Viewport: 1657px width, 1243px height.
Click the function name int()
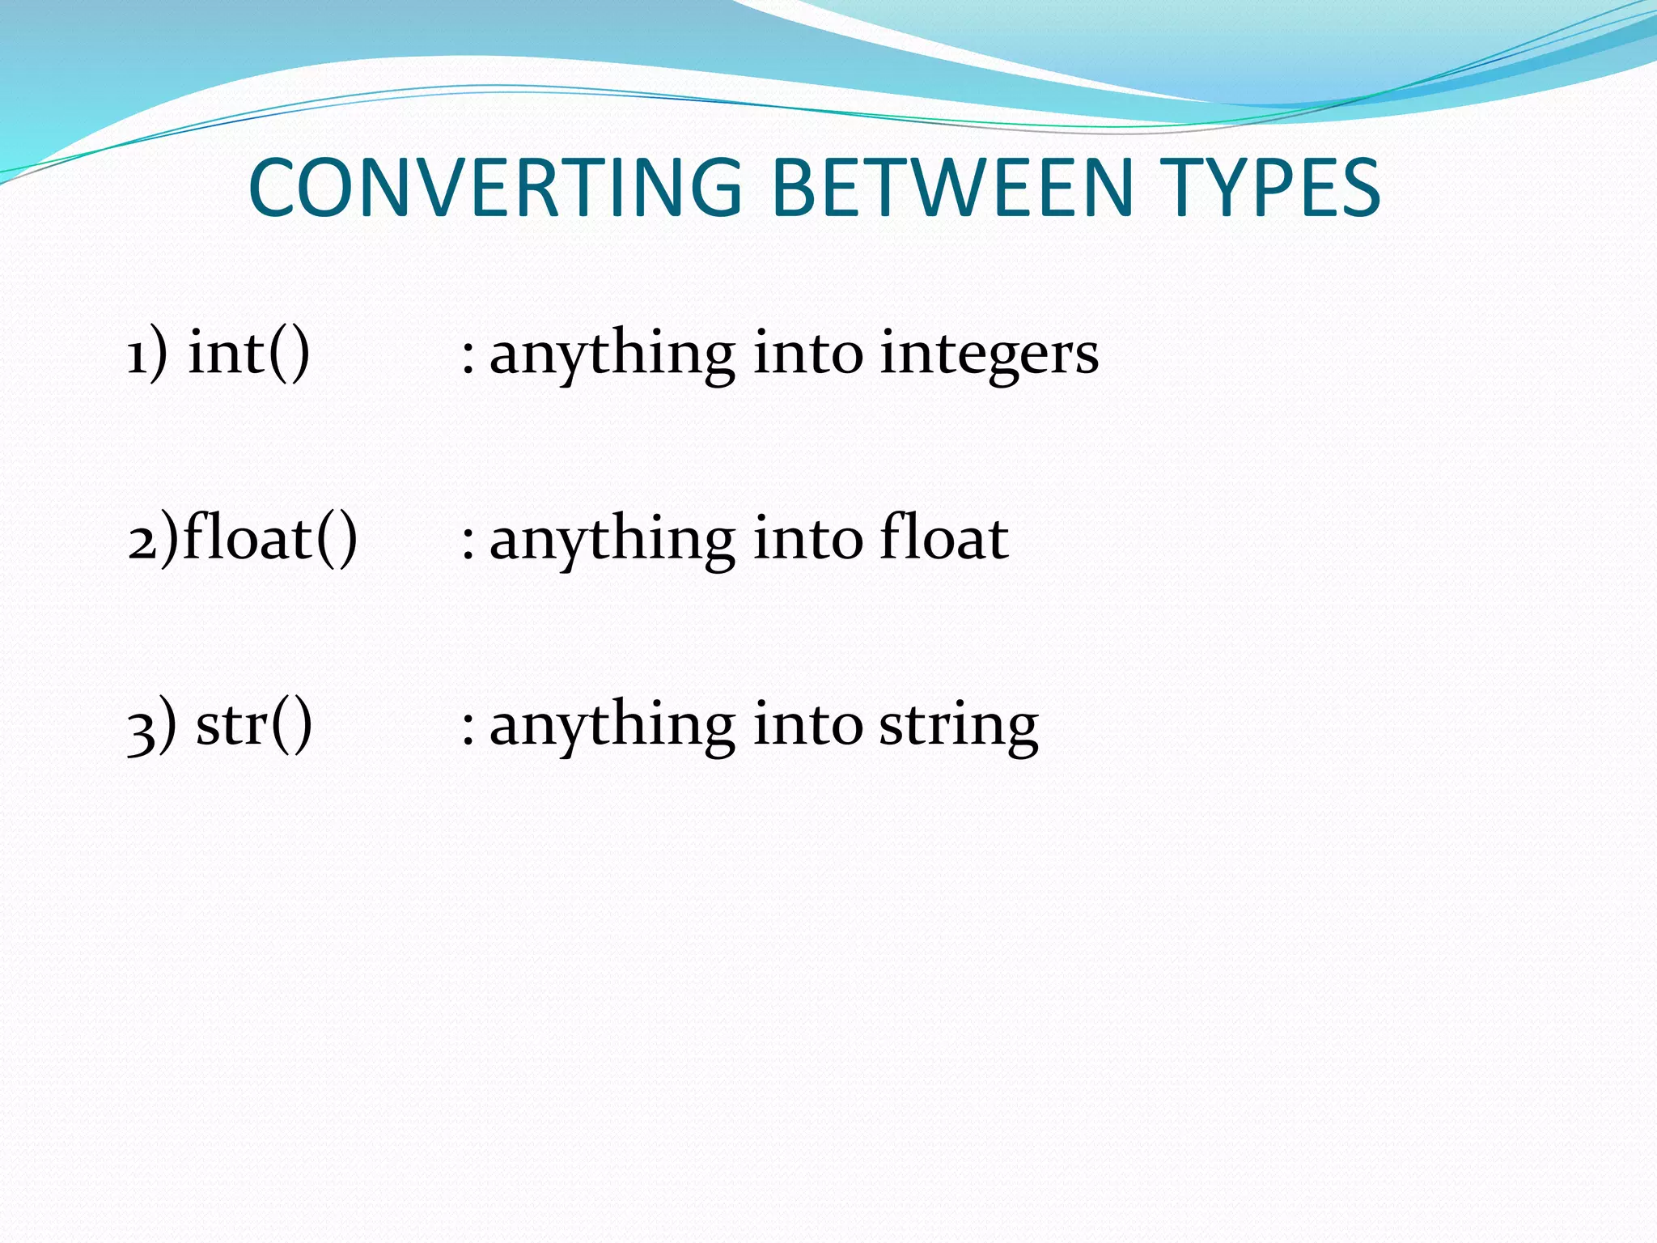click(249, 353)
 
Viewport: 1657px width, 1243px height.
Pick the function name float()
click(270, 538)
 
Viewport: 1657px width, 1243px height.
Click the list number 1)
click(147, 354)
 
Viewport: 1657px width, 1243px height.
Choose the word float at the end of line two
click(943, 538)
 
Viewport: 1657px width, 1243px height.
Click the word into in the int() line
click(807, 354)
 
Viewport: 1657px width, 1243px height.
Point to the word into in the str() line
click(807, 725)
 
